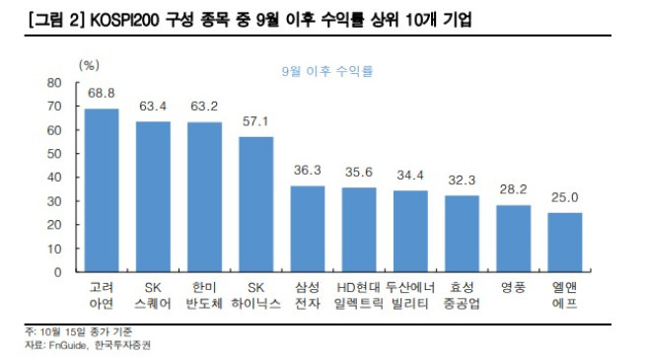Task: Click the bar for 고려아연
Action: [102, 190]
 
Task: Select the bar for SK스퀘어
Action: [153, 196]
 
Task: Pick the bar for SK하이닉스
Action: [256, 204]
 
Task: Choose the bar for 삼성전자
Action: [308, 229]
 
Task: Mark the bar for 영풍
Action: [514, 239]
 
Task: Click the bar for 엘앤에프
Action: [565, 242]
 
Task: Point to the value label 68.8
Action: [102, 93]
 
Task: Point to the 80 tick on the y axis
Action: [55, 83]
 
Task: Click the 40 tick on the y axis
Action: [55, 178]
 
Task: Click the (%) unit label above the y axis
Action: [89, 65]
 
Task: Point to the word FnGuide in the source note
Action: [65, 345]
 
